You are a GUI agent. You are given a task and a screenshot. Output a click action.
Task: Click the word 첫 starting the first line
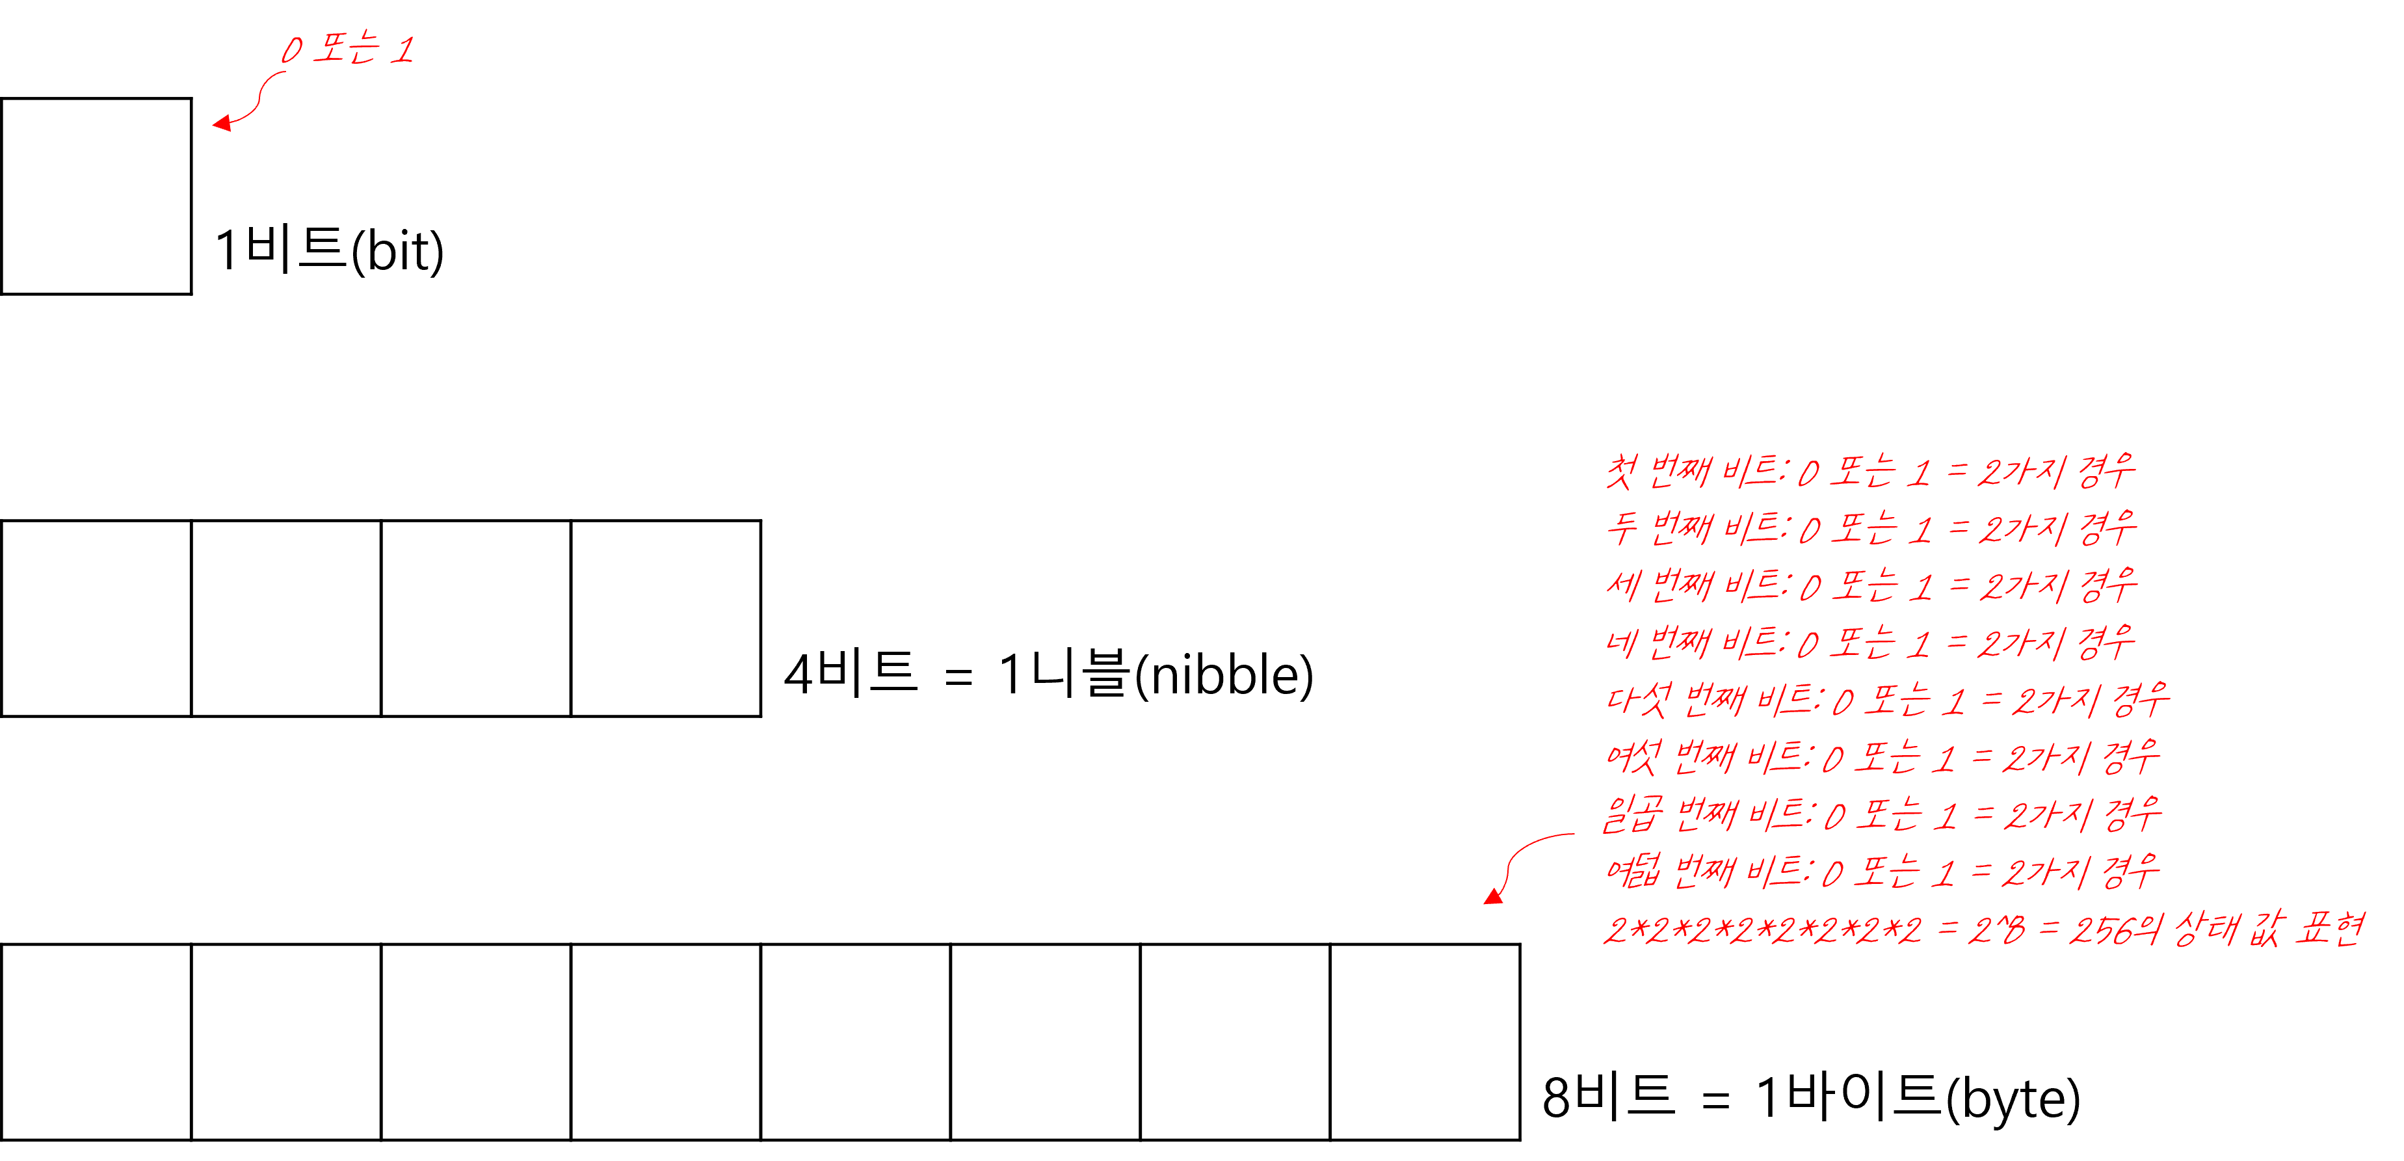click(1619, 472)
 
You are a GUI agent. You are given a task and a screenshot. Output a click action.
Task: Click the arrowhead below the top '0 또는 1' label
click(222, 123)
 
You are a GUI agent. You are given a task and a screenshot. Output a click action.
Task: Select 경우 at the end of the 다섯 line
click(2141, 700)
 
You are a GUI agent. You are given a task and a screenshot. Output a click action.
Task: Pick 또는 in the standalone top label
click(345, 49)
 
